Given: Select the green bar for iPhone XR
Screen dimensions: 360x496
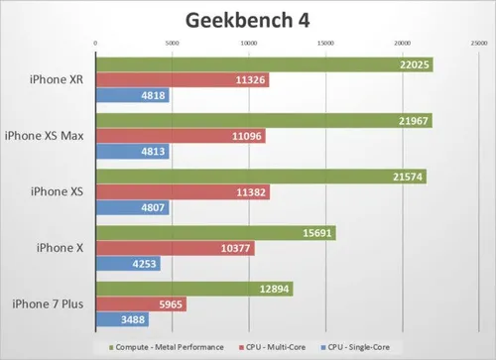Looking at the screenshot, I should [248, 64].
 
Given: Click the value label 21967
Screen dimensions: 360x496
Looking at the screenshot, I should [412, 121].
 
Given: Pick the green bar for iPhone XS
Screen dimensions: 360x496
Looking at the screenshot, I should [248, 178].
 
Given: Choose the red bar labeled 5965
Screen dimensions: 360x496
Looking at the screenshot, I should [129, 305].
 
